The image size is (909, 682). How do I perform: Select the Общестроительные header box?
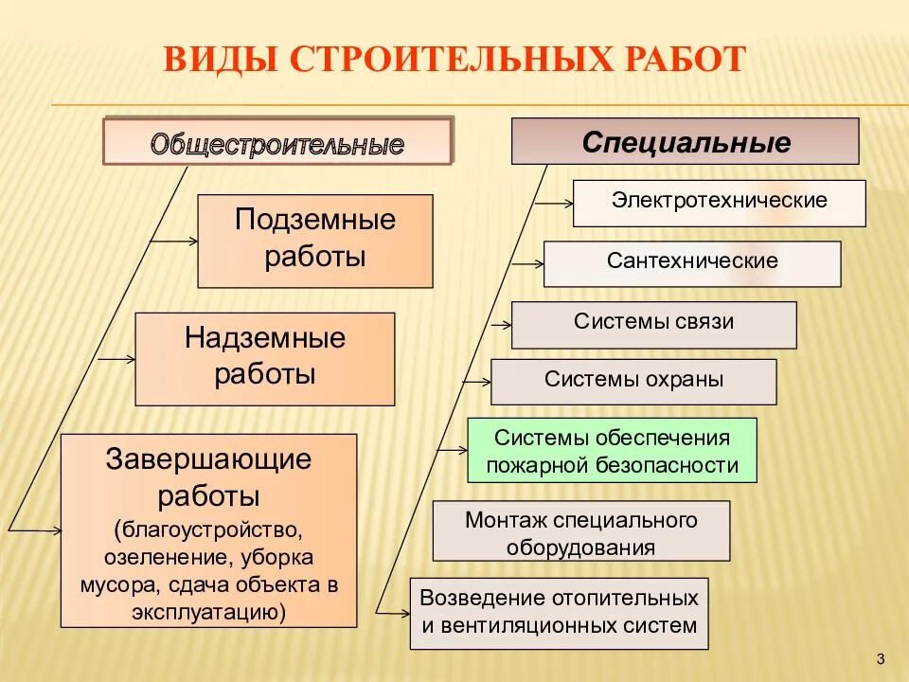[277, 143]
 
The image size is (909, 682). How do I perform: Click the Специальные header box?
[686, 142]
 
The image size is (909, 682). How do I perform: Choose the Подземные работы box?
[315, 241]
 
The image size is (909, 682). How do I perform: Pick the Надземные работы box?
[265, 358]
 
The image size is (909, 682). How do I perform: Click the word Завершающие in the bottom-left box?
[209, 460]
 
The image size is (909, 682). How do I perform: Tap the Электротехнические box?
[719, 203]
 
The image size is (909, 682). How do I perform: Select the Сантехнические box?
[692, 262]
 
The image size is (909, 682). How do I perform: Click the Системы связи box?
[653, 324]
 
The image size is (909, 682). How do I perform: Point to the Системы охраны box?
[633, 381]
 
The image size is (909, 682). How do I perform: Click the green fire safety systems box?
[612, 451]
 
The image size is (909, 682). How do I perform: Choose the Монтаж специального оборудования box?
[581, 531]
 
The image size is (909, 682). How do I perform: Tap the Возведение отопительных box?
[559, 612]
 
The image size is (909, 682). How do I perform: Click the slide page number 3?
[881, 659]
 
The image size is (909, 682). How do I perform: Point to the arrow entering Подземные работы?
[172, 242]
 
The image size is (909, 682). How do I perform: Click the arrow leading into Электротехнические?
[554, 201]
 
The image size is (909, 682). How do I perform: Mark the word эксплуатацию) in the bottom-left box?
[209, 610]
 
